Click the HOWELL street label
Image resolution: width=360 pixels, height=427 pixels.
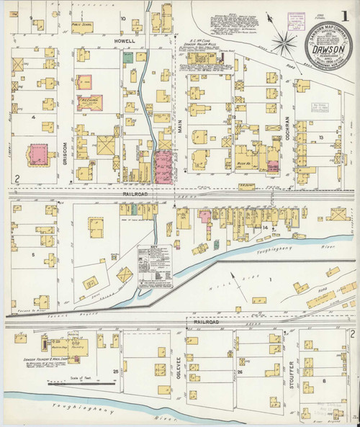(125, 42)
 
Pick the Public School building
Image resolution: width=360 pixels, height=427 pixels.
(85, 30)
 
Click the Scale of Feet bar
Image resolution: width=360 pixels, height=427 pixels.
(69, 384)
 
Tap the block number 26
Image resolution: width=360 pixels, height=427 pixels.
(240, 372)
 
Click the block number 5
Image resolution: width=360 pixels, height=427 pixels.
(32, 254)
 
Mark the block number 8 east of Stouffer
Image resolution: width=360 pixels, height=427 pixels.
(325, 379)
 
